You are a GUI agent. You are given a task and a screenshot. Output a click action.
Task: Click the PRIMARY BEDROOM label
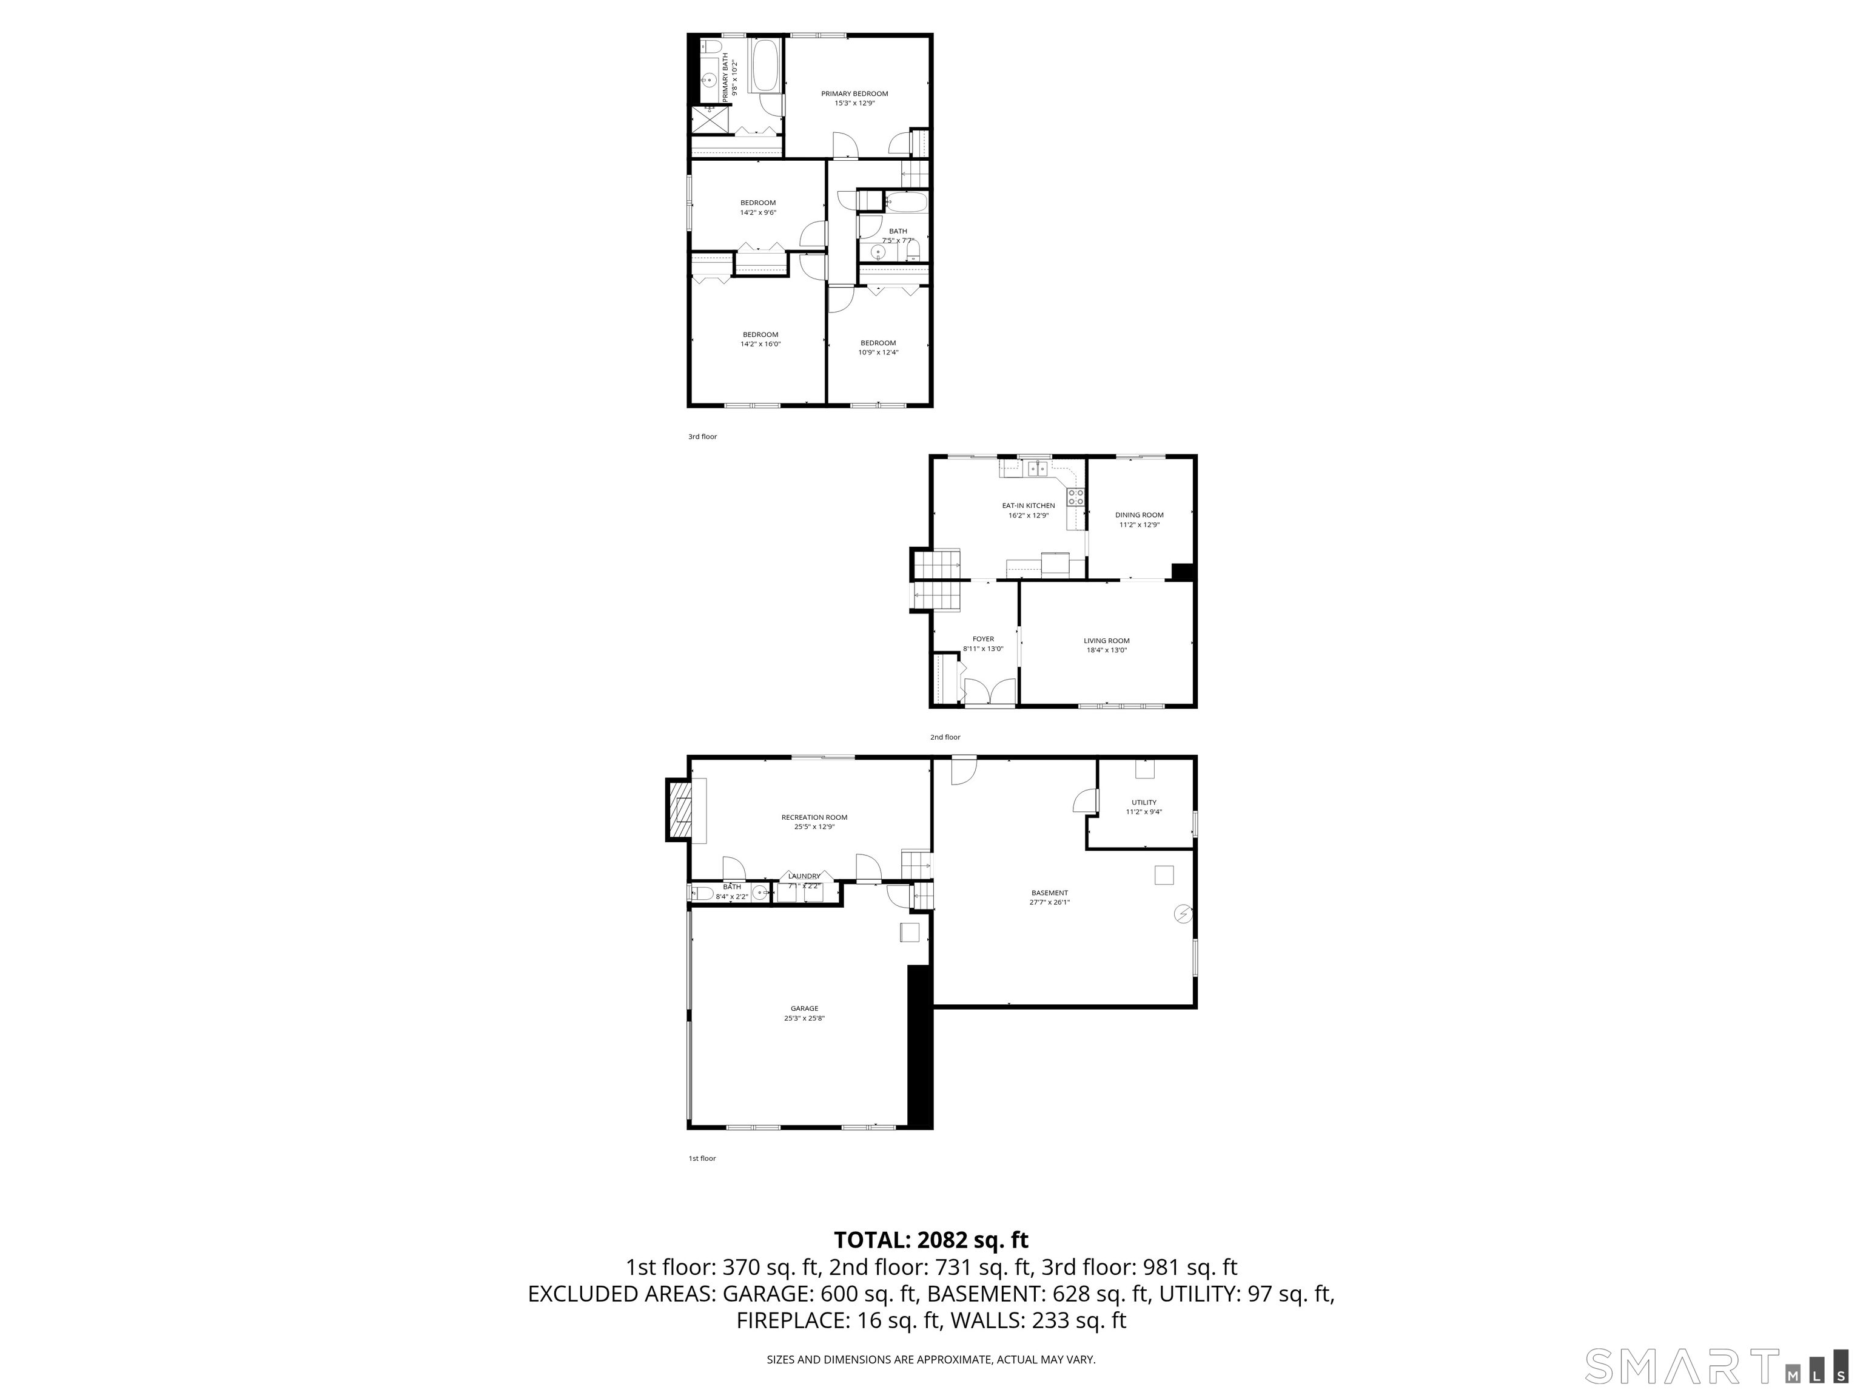tap(854, 93)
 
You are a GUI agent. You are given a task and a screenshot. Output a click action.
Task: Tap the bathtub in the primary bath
tap(765, 66)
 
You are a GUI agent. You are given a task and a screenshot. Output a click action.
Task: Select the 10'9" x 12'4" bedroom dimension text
tap(878, 353)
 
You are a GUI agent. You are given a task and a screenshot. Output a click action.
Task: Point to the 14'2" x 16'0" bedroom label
tap(760, 334)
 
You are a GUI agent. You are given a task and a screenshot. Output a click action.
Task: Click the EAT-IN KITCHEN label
tap(1027, 505)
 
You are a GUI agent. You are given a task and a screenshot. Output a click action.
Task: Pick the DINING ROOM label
tap(1139, 515)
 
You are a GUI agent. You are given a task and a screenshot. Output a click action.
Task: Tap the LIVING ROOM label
tap(1106, 640)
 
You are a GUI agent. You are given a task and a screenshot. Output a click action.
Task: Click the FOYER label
tap(983, 639)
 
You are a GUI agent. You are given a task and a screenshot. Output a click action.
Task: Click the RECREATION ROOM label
tap(814, 817)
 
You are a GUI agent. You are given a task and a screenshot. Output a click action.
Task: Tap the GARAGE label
tap(804, 1008)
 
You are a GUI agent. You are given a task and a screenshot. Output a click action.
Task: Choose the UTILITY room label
tap(1143, 802)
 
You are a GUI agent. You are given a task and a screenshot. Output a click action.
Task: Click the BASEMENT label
tap(1049, 893)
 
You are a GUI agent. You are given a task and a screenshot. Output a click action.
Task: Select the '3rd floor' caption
tap(702, 436)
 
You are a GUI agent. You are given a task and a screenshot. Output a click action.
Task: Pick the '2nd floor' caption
tap(944, 737)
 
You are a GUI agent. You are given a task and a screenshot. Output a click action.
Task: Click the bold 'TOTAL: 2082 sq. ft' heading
tap(931, 1240)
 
